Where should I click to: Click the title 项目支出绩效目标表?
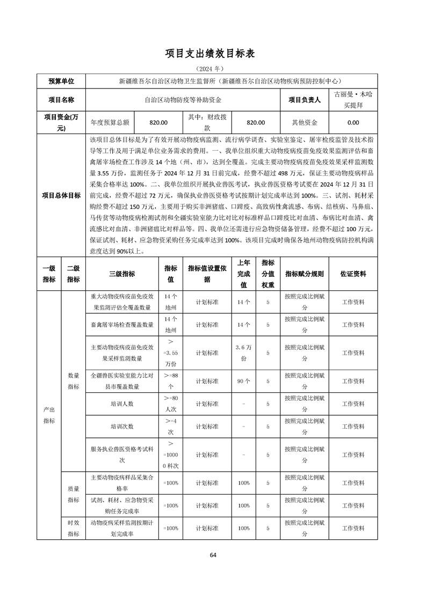[x=213, y=54]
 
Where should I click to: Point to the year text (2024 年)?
[x=213, y=69]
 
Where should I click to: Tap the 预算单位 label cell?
[x=61, y=82]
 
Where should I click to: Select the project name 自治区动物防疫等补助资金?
[x=183, y=100]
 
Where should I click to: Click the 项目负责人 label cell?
[x=304, y=100]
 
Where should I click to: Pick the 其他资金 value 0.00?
[x=353, y=122]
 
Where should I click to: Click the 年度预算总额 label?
[x=110, y=122]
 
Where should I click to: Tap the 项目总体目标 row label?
[x=61, y=195]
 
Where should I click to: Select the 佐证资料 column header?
[x=353, y=274]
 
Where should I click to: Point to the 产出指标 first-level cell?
[x=49, y=415]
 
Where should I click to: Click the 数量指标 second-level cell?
[x=73, y=380]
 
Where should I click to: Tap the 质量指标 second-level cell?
[x=73, y=494]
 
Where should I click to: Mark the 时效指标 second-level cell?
[x=73, y=528]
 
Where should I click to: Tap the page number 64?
[x=213, y=554]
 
